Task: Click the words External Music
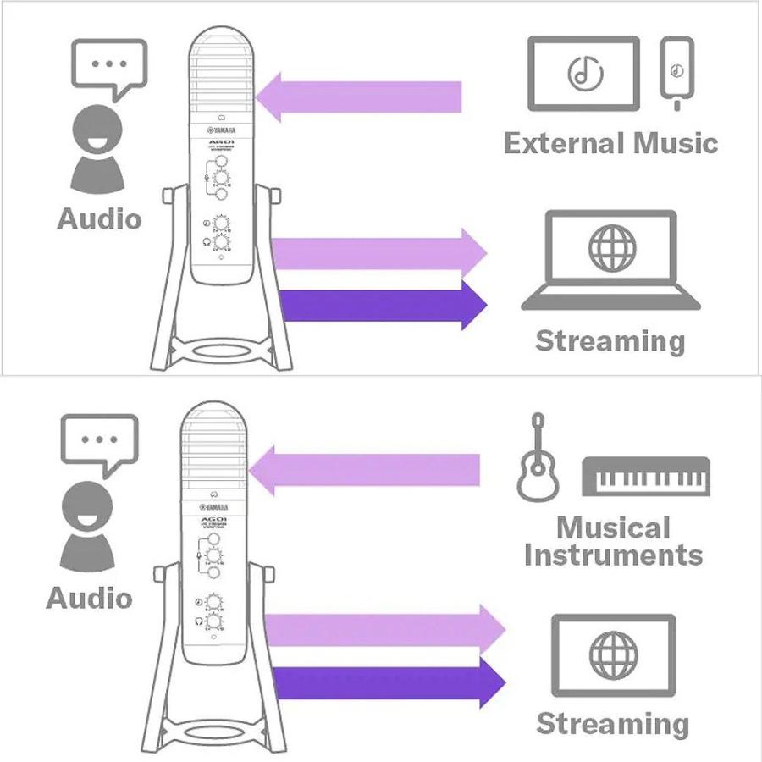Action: click(x=610, y=142)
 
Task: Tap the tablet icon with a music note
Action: click(x=583, y=73)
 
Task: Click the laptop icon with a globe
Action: click(x=610, y=258)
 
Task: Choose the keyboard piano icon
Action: click(x=645, y=476)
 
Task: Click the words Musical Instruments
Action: click(x=613, y=541)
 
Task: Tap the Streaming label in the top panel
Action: click(x=610, y=341)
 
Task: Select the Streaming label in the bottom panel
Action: click(x=613, y=724)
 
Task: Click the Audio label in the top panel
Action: click(x=98, y=218)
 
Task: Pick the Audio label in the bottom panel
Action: click(x=89, y=598)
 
